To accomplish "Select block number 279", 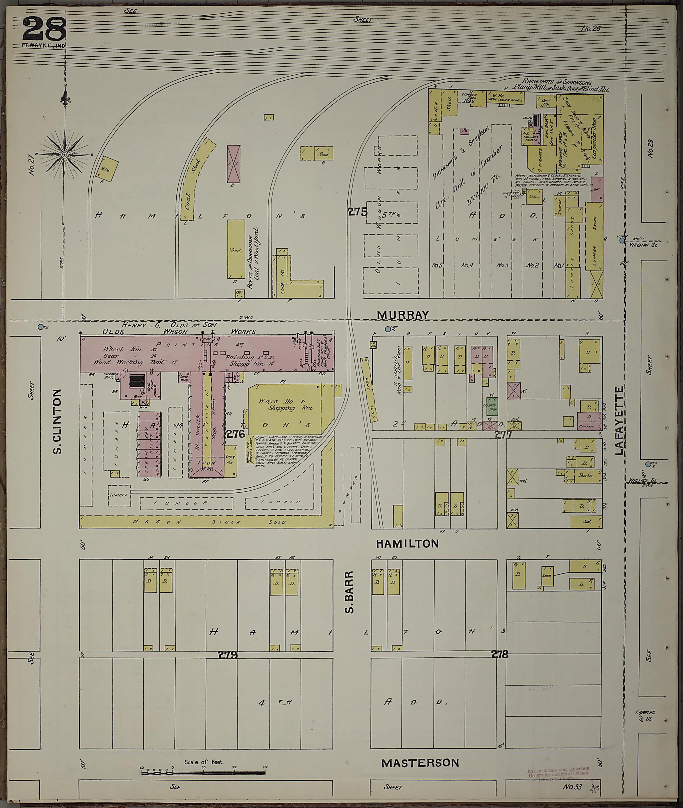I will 227,655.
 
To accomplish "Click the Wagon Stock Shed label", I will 205,522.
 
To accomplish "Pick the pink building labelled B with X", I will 233,164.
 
